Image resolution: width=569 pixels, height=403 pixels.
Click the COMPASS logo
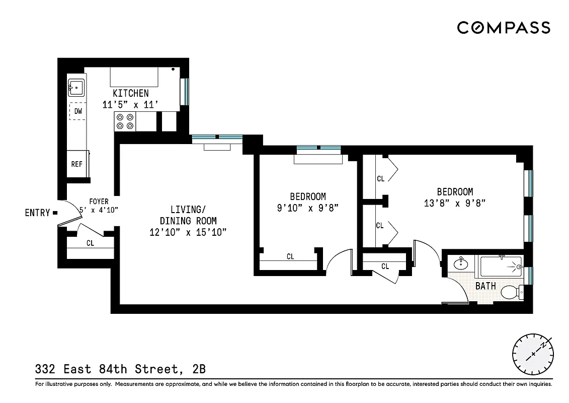pyautogui.click(x=503, y=28)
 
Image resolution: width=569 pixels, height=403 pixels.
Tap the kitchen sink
pyautogui.click(x=76, y=88)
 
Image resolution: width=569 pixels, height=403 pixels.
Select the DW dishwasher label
pyautogui.click(x=78, y=111)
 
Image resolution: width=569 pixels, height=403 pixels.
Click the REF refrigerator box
pyautogui.click(x=76, y=164)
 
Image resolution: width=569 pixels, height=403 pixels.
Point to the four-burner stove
pyautogui.click(x=125, y=121)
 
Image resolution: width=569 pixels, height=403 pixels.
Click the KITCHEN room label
pyautogui.click(x=130, y=93)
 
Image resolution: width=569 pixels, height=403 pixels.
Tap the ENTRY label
pyautogui.click(x=37, y=213)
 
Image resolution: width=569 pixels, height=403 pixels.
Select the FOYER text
pyautogui.click(x=99, y=201)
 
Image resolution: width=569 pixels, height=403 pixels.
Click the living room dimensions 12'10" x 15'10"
pyautogui.click(x=188, y=232)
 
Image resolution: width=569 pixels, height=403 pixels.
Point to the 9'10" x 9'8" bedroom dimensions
pyautogui.click(x=308, y=207)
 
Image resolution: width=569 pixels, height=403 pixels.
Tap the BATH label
pyautogui.click(x=485, y=286)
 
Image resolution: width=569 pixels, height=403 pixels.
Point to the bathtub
pyautogui.click(x=500, y=266)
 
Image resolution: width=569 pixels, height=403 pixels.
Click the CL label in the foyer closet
pyautogui.click(x=90, y=243)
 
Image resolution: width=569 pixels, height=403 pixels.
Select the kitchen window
pyautogui.click(x=185, y=91)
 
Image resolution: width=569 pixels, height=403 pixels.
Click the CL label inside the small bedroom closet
pyautogui.click(x=290, y=257)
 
